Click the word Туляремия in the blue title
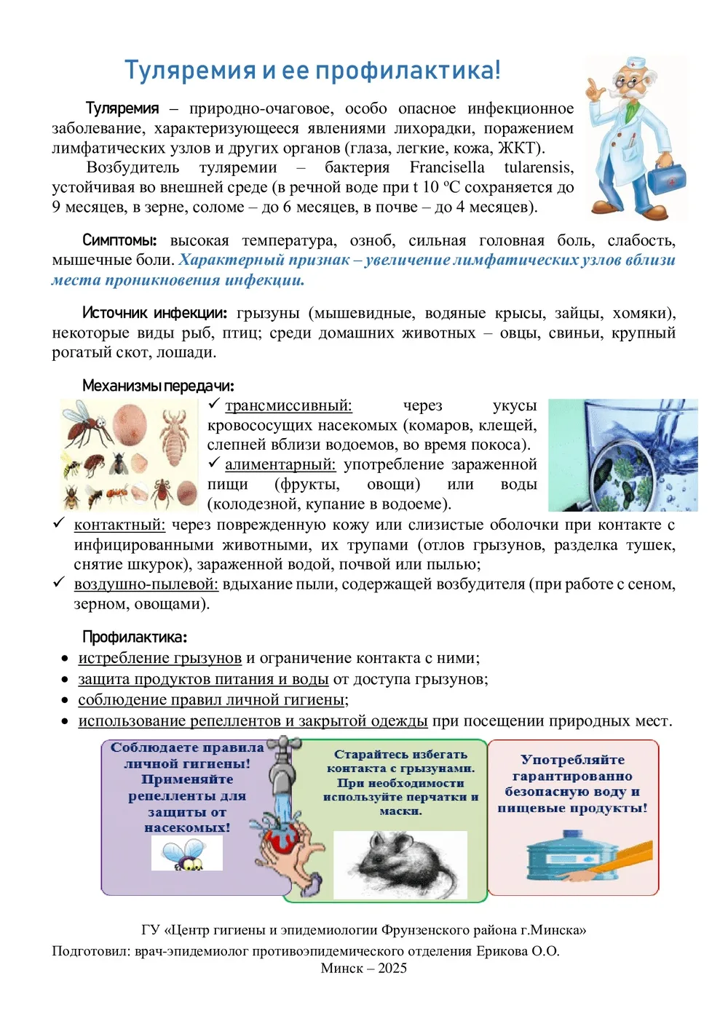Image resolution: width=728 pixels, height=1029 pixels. click(x=190, y=71)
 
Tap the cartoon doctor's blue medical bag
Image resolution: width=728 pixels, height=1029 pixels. click(x=666, y=177)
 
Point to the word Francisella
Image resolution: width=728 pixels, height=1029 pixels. click(x=447, y=167)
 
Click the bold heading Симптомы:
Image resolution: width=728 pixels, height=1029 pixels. click(x=119, y=240)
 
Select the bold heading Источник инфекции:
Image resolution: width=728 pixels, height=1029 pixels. click(x=154, y=313)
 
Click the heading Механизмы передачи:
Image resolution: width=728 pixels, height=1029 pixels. click(x=157, y=386)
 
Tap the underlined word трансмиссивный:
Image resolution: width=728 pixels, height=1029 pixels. click(x=288, y=405)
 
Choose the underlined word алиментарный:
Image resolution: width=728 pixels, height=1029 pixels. click(x=280, y=464)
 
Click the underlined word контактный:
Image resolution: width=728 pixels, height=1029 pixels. click(x=119, y=525)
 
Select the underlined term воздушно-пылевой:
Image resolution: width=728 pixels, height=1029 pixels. click(x=146, y=584)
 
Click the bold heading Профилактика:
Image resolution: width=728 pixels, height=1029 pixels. click(x=134, y=637)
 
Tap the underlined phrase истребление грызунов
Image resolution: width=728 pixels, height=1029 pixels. click(x=159, y=658)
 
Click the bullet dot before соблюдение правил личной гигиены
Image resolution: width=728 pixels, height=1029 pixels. click(x=65, y=701)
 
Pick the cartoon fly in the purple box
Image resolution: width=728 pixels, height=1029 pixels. click(x=185, y=854)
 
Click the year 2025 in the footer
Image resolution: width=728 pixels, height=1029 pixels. click(x=392, y=969)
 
